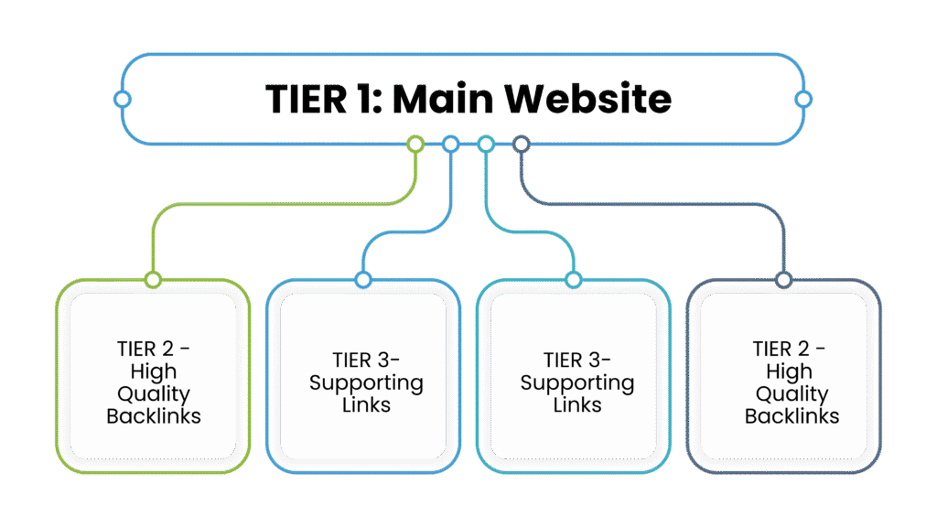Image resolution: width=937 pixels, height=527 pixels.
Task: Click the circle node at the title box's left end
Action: (123, 99)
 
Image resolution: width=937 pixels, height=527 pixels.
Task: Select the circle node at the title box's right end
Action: (802, 99)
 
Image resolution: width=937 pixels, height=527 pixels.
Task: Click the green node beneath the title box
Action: (415, 144)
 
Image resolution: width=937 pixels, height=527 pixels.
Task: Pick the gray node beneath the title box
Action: (521, 144)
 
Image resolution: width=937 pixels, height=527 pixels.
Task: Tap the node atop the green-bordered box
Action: (153, 279)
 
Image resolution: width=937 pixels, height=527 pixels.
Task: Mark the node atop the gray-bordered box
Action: (783, 279)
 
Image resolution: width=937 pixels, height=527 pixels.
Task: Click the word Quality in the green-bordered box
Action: (153, 394)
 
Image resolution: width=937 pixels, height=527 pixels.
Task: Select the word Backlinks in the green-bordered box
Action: (153, 416)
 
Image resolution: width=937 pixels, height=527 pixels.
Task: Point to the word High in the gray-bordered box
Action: (790, 372)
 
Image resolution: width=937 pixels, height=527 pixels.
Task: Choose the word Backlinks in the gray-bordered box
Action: (792, 416)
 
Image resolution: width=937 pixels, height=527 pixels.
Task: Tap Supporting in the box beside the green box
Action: (365, 382)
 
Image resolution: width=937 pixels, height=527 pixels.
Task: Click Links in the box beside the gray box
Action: (576, 404)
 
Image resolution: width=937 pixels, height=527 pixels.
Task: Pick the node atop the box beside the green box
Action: (363, 279)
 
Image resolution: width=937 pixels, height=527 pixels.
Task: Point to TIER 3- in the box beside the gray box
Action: (576, 360)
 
